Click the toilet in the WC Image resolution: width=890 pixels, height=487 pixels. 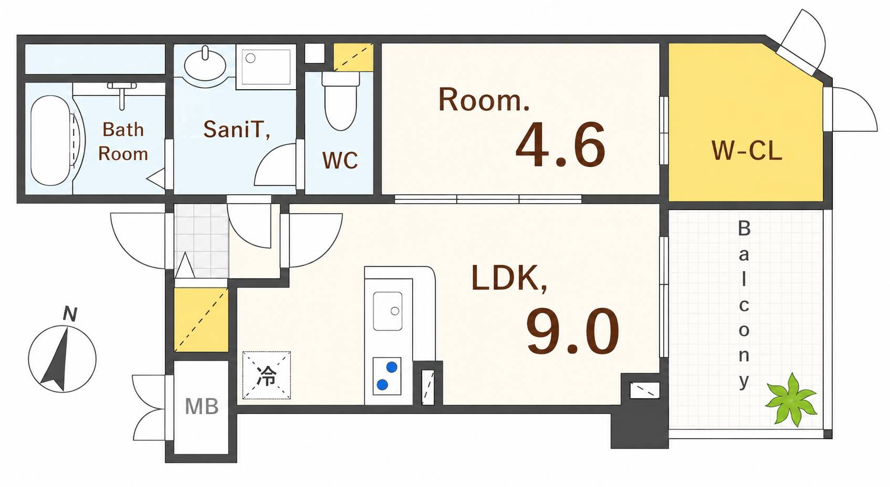[x=340, y=101]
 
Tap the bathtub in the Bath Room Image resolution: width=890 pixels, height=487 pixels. [x=51, y=141]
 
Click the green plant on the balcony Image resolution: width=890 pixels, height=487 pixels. [x=791, y=399]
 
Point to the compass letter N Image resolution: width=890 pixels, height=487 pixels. [x=70, y=314]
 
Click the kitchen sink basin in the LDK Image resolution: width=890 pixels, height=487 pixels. [x=388, y=311]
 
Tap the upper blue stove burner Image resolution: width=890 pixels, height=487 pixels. [x=392, y=367]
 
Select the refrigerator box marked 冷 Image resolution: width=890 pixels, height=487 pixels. [x=267, y=375]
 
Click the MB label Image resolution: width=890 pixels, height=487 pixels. [x=202, y=406]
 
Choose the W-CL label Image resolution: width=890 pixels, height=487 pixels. [x=747, y=151]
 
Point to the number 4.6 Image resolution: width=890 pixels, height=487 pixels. [x=560, y=145]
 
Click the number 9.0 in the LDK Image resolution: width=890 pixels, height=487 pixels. [x=572, y=331]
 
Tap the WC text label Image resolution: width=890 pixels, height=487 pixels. [x=340, y=161]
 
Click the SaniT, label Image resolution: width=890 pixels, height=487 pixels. [x=237, y=130]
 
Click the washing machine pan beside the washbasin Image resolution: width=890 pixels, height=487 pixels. [x=266, y=67]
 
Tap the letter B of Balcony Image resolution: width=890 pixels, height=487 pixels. [x=744, y=228]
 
